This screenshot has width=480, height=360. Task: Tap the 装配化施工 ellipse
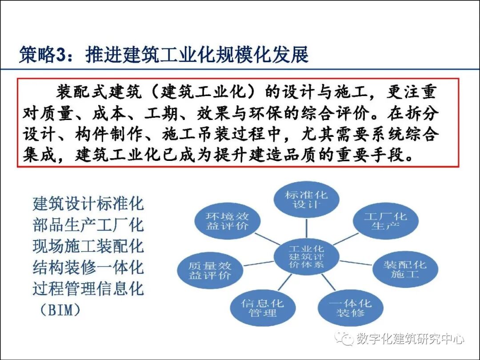point(404,269)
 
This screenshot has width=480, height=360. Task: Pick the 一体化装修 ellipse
point(350,308)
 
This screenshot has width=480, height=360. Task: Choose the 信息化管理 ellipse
point(262,308)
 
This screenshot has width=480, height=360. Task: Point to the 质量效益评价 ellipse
point(209,270)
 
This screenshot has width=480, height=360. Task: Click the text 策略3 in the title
point(42,56)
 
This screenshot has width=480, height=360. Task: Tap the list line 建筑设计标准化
point(88,204)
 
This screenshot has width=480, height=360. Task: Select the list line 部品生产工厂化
point(88,225)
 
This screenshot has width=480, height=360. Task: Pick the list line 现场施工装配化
point(88,246)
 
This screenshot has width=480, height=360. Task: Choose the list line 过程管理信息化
point(88,289)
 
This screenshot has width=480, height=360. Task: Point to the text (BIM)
point(57,310)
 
